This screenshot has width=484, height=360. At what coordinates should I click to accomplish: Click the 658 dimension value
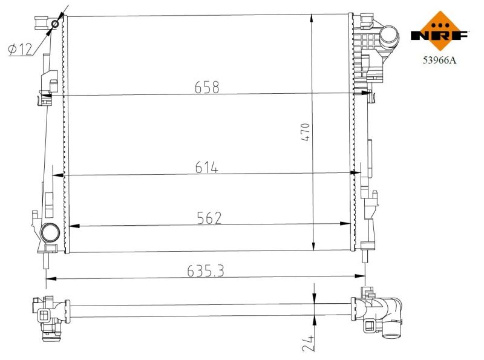point(207,87)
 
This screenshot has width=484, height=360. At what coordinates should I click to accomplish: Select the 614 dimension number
point(206,168)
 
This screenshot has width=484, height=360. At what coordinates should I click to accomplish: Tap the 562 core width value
point(209,218)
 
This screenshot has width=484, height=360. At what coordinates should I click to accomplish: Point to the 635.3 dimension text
point(206,271)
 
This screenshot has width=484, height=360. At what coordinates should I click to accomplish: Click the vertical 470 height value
point(305,132)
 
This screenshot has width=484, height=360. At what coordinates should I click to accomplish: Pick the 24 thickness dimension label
point(309,342)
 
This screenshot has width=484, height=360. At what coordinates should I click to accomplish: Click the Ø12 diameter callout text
point(21,50)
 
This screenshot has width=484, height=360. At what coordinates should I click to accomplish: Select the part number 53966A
point(440,60)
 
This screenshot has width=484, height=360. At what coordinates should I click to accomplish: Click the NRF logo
point(440,31)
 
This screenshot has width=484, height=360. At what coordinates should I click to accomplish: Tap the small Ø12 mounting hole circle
point(55,24)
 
